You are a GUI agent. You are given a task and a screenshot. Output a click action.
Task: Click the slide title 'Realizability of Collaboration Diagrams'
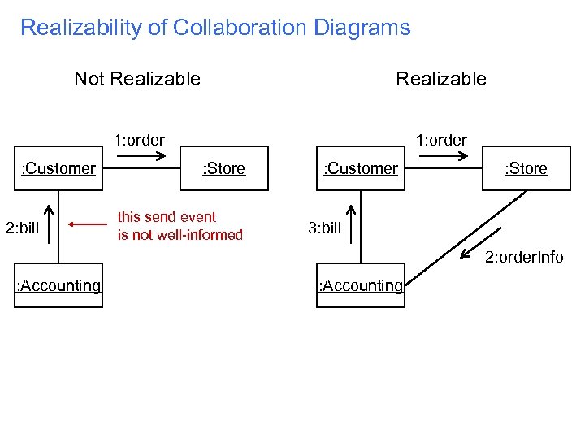point(215,28)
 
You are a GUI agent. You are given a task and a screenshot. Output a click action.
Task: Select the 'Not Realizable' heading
point(137,79)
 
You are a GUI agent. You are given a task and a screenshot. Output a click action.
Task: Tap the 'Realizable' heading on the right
point(440,79)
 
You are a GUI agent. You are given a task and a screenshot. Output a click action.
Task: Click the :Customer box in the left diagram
point(58,168)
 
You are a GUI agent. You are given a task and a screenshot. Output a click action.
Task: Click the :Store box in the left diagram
point(223,168)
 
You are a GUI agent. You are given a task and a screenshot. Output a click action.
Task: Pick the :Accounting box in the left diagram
point(58,285)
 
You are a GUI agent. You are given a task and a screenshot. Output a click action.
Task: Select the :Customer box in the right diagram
point(361,168)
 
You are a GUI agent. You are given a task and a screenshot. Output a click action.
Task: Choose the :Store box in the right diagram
point(526,168)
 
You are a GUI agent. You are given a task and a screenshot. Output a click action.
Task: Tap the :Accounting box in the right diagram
point(361,285)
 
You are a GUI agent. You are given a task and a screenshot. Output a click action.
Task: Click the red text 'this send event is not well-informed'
point(180,226)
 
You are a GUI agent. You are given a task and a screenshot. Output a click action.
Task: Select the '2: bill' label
point(22,227)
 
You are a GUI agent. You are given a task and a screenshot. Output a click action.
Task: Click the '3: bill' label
point(325,228)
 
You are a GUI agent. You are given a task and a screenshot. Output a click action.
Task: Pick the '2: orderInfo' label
point(524,258)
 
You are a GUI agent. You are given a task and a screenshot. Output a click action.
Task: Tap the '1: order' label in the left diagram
point(139,140)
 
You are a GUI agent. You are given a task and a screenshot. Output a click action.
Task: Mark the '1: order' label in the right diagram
point(441,140)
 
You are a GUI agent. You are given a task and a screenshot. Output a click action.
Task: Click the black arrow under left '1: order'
point(139,154)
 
